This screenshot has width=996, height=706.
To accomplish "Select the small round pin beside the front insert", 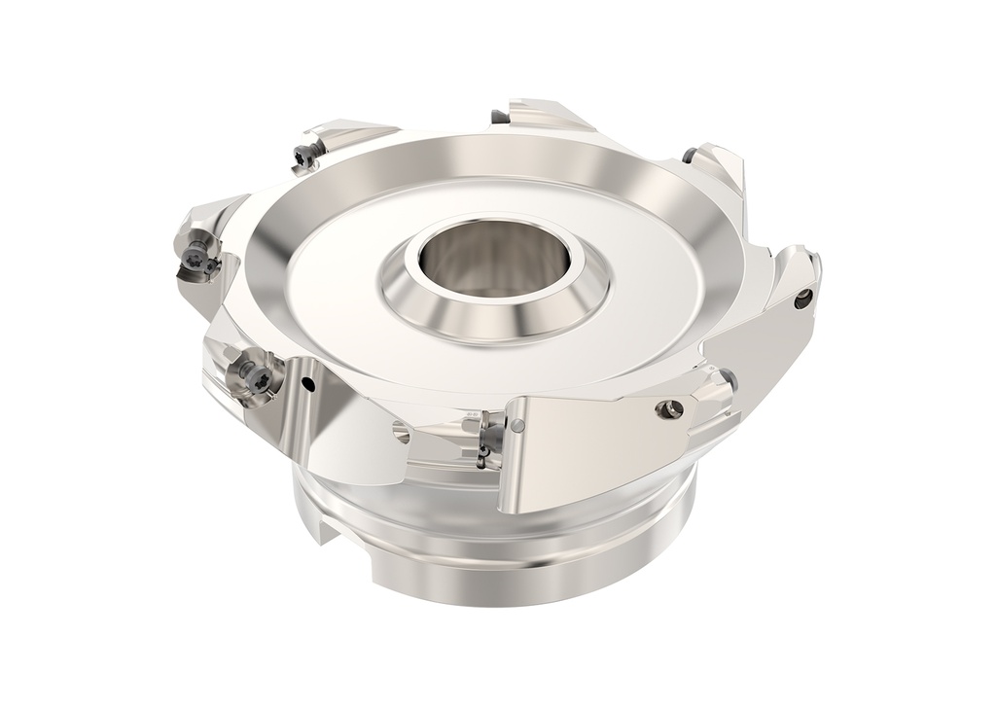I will point(519,424).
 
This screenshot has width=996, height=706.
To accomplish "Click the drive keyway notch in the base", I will point(332,534).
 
